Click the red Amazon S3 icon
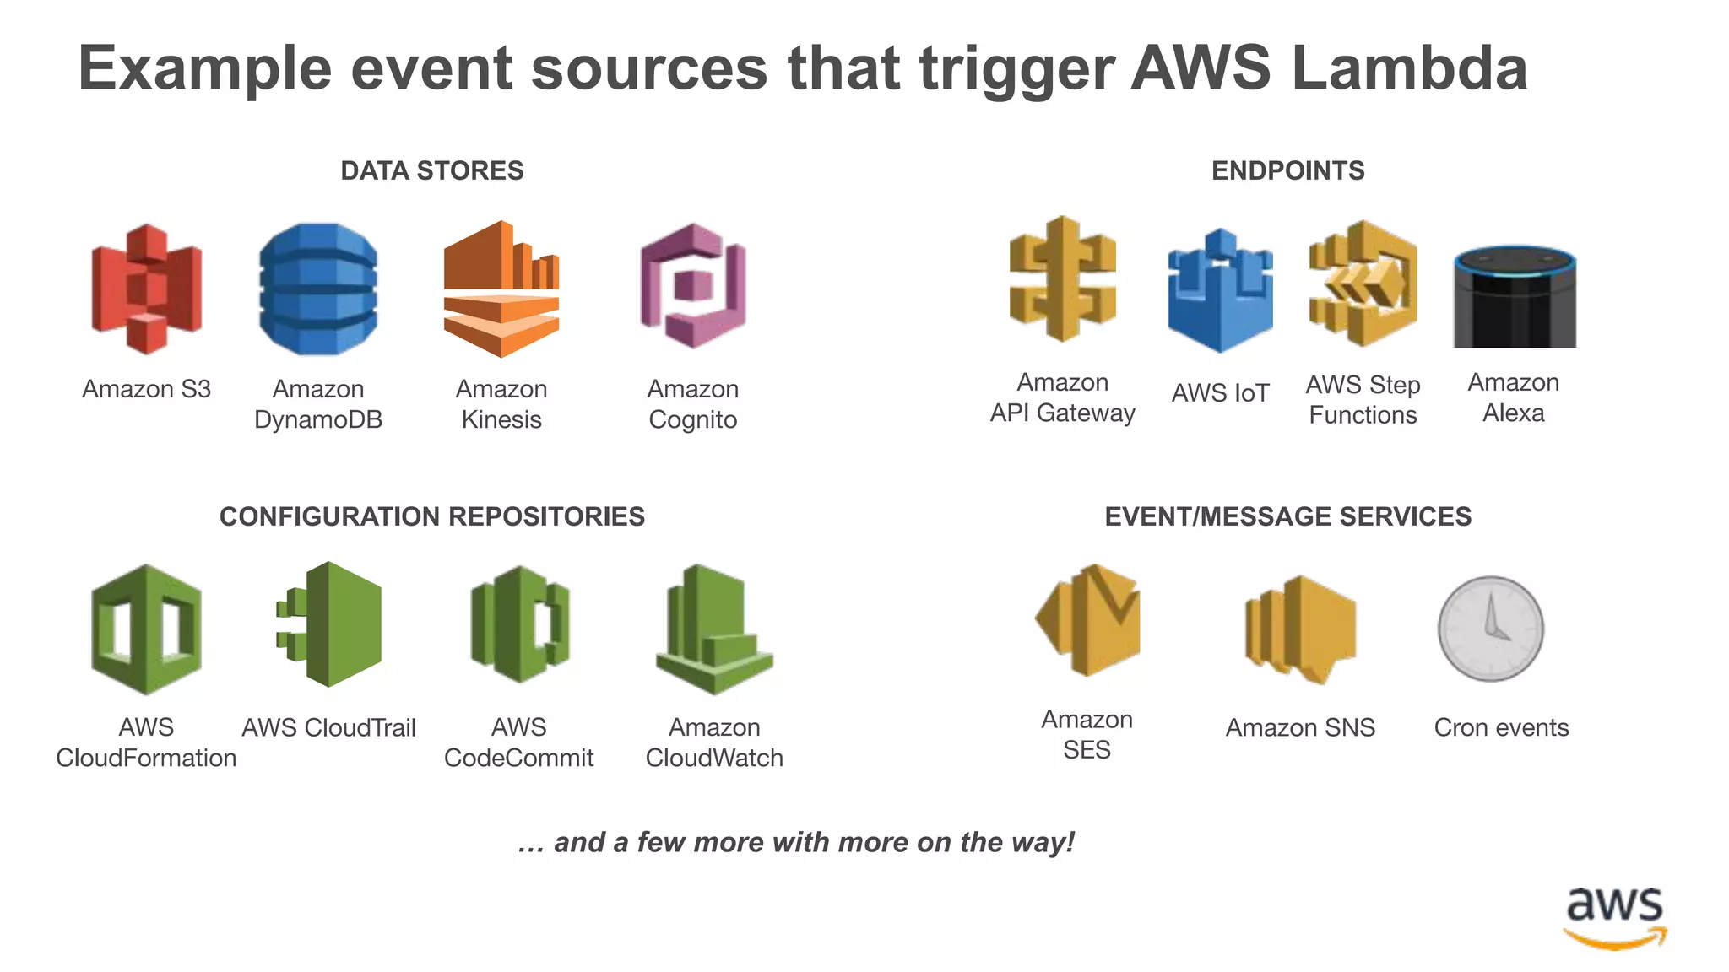(147, 289)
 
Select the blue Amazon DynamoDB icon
(318, 289)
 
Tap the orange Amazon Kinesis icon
(501, 289)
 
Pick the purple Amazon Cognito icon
(693, 287)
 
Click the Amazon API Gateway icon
(1062, 280)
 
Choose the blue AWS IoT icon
(1220, 291)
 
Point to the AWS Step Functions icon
(1363, 284)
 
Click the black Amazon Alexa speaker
(1515, 297)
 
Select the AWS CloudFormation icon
(146, 629)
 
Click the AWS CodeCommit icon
(519, 625)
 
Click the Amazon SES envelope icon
(1088, 620)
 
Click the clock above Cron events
(1491, 629)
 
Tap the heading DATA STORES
(431, 171)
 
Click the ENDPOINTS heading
(1287, 171)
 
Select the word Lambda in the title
(1409, 68)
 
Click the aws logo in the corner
(1615, 918)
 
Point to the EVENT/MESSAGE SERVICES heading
(1287, 516)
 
